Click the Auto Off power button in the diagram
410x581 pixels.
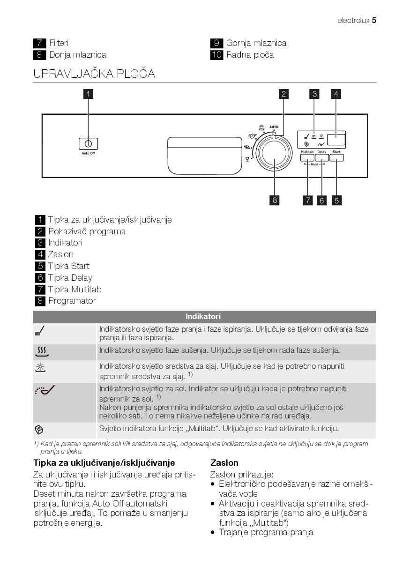point(88,144)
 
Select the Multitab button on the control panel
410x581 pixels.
point(307,158)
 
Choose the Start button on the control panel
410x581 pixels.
point(336,158)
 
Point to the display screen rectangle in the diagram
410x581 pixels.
point(336,139)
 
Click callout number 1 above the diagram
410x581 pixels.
point(88,94)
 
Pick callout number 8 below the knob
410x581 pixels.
point(275,201)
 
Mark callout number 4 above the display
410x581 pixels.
point(336,94)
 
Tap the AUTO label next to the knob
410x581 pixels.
point(274,127)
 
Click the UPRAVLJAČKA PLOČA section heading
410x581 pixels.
point(94,74)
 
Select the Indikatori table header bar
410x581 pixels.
point(204,317)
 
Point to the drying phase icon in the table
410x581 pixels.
point(42,351)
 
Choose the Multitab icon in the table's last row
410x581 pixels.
point(39,429)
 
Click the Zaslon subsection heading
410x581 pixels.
point(224,463)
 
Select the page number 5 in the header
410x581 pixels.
point(374,21)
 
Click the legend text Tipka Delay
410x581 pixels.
point(70,278)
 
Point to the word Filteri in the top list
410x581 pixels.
point(59,43)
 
